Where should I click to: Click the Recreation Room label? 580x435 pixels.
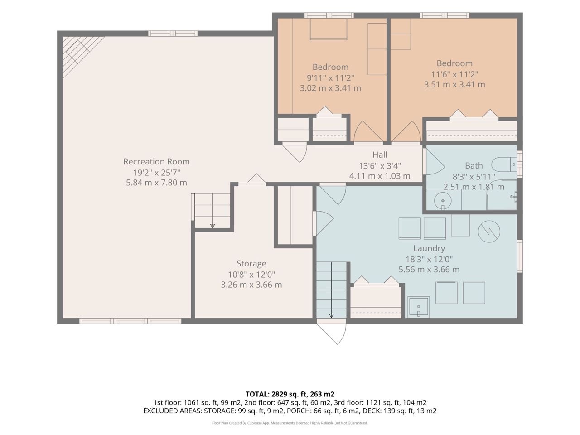pyautogui.click(x=156, y=161)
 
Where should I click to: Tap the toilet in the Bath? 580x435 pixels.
pyautogui.click(x=504, y=164)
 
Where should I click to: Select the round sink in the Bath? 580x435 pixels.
pyautogui.click(x=443, y=201)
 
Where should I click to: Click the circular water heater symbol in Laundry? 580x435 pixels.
pyautogui.click(x=489, y=232)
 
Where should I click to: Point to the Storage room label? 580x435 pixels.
pyautogui.click(x=251, y=263)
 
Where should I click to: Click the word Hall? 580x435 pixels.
pyautogui.click(x=380, y=155)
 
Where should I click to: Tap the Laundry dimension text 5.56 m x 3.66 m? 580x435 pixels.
pyautogui.click(x=429, y=270)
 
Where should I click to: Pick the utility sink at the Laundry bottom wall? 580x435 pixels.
pyautogui.click(x=419, y=307)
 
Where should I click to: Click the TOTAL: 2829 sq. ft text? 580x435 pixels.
pyautogui.click(x=290, y=394)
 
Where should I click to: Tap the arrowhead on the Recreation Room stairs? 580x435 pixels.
pyautogui.click(x=213, y=226)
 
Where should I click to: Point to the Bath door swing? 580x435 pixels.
pyautogui.click(x=435, y=161)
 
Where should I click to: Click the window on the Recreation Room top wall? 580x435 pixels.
pyautogui.click(x=173, y=34)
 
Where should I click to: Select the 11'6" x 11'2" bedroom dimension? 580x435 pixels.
pyautogui.click(x=454, y=74)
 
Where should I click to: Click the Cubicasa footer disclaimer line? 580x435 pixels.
pyautogui.click(x=290, y=423)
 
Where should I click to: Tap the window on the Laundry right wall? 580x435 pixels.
pyautogui.click(x=520, y=256)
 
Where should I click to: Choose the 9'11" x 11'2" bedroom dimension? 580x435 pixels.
pyautogui.click(x=330, y=78)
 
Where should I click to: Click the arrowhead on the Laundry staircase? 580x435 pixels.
pyautogui.click(x=331, y=316)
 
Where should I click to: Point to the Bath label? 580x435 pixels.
pyautogui.click(x=474, y=165)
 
